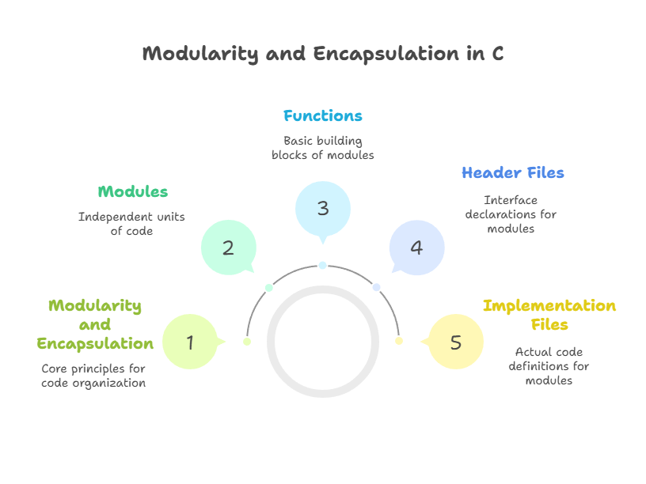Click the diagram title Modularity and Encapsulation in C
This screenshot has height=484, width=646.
coord(323,54)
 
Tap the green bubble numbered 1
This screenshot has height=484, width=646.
coord(190,342)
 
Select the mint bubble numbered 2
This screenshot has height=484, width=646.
coord(228,248)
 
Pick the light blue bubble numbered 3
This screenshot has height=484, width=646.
coord(323,209)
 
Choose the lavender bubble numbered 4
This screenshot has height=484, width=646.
coord(416,248)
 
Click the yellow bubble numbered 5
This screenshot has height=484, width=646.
coord(455,342)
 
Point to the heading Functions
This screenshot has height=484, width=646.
coord(323,116)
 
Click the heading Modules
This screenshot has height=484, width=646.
coord(133,191)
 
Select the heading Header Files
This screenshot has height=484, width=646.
coord(513,173)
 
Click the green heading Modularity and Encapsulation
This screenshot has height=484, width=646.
coord(95,324)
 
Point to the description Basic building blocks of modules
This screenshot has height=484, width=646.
coord(323,148)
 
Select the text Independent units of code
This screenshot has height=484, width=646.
coord(131,224)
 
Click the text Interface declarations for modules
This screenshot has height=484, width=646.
coord(511,214)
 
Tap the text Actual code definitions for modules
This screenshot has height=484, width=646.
coord(549,366)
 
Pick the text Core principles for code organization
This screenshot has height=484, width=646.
coord(93,376)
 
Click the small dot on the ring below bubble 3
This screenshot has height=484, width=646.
coord(323,266)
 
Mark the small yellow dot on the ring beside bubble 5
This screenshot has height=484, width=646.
coord(399,341)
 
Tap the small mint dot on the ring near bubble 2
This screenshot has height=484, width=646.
coord(269,287)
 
